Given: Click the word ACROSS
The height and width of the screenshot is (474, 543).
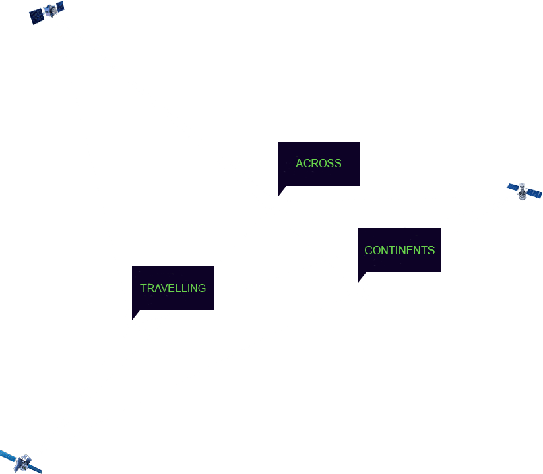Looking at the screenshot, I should pyautogui.click(x=319, y=163).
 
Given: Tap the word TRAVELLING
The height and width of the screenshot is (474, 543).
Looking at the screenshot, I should pyautogui.click(x=173, y=288).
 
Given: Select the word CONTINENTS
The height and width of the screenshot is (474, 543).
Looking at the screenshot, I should pyautogui.click(x=400, y=250).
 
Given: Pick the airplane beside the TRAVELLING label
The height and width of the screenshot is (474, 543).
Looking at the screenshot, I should pyautogui.click(x=135, y=324).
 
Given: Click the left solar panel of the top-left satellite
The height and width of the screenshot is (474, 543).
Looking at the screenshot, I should pyautogui.click(x=36, y=17).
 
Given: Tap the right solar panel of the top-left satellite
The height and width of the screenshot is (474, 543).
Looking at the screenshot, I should pyautogui.click(x=59, y=6).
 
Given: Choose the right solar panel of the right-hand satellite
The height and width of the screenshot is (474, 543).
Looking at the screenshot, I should pyautogui.click(x=534, y=194).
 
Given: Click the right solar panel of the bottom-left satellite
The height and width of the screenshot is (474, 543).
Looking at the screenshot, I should pyautogui.click(x=36, y=469).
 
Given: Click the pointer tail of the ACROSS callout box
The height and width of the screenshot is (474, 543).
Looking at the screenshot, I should pyautogui.click(x=282, y=187).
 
